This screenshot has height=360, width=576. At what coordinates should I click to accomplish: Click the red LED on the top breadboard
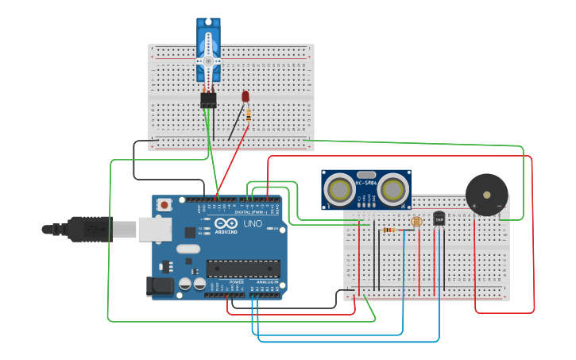click(245, 96)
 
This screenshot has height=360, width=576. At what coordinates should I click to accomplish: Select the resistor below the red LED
click(249, 114)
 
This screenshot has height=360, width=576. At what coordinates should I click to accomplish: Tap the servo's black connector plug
click(208, 100)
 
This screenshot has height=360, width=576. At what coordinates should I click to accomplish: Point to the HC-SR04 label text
click(366, 183)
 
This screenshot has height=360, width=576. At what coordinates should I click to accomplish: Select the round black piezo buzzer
click(486, 195)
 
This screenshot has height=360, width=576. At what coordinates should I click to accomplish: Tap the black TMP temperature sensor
click(439, 219)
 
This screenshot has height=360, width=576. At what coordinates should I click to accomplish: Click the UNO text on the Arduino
click(252, 224)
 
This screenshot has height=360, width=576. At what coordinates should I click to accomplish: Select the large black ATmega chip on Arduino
click(243, 269)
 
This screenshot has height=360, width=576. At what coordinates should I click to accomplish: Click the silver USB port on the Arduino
click(155, 230)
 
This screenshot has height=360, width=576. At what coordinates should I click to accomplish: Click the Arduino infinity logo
click(226, 223)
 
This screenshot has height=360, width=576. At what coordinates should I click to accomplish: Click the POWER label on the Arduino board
click(237, 281)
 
